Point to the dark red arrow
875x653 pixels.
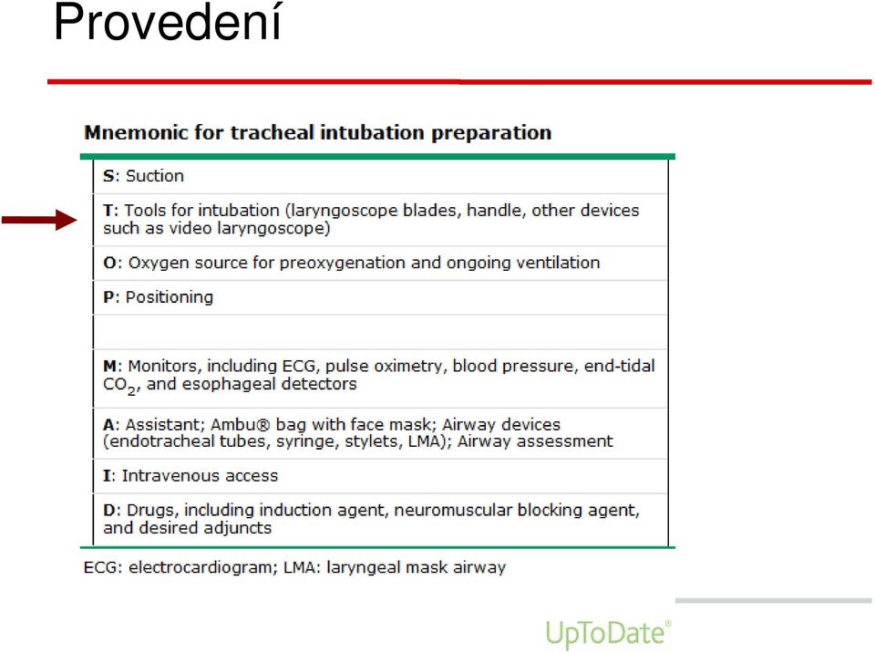tap(39, 220)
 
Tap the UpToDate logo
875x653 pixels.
tap(608, 634)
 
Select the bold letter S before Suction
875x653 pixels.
tap(108, 176)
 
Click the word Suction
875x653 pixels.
tap(155, 176)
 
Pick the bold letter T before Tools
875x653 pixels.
tap(108, 211)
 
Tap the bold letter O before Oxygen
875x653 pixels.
tap(109, 263)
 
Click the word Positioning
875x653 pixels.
tap(170, 297)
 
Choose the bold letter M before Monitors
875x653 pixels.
tap(110, 367)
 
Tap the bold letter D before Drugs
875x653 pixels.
tap(108, 511)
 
